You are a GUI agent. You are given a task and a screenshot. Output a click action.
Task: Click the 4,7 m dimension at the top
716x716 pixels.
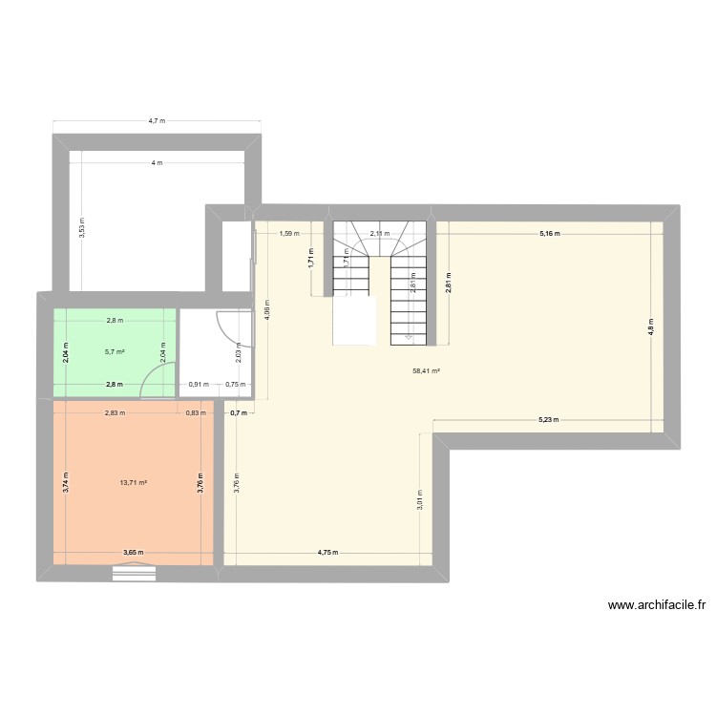(x=157, y=121)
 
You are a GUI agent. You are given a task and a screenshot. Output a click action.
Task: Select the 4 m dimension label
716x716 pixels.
(x=157, y=163)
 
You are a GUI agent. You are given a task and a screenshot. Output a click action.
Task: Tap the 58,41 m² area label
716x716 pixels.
(x=426, y=371)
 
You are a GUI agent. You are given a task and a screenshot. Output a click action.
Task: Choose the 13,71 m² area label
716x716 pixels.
(x=133, y=482)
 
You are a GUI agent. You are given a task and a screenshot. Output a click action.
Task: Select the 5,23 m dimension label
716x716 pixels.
(x=548, y=419)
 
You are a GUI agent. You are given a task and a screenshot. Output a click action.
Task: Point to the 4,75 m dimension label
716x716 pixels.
(x=329, y=553)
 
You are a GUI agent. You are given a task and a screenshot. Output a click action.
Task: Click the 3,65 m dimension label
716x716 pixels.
(x=133, y=553)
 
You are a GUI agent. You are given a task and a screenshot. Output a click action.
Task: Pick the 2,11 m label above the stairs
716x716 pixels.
(x=380, y=233)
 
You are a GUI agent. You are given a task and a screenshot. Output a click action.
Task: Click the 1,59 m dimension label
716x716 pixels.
(x=289, y=233)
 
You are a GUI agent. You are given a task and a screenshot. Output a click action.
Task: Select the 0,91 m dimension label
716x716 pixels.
(x=198, y=385)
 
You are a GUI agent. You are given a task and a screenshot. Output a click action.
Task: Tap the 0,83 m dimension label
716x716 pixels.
(x=194, y=412)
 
